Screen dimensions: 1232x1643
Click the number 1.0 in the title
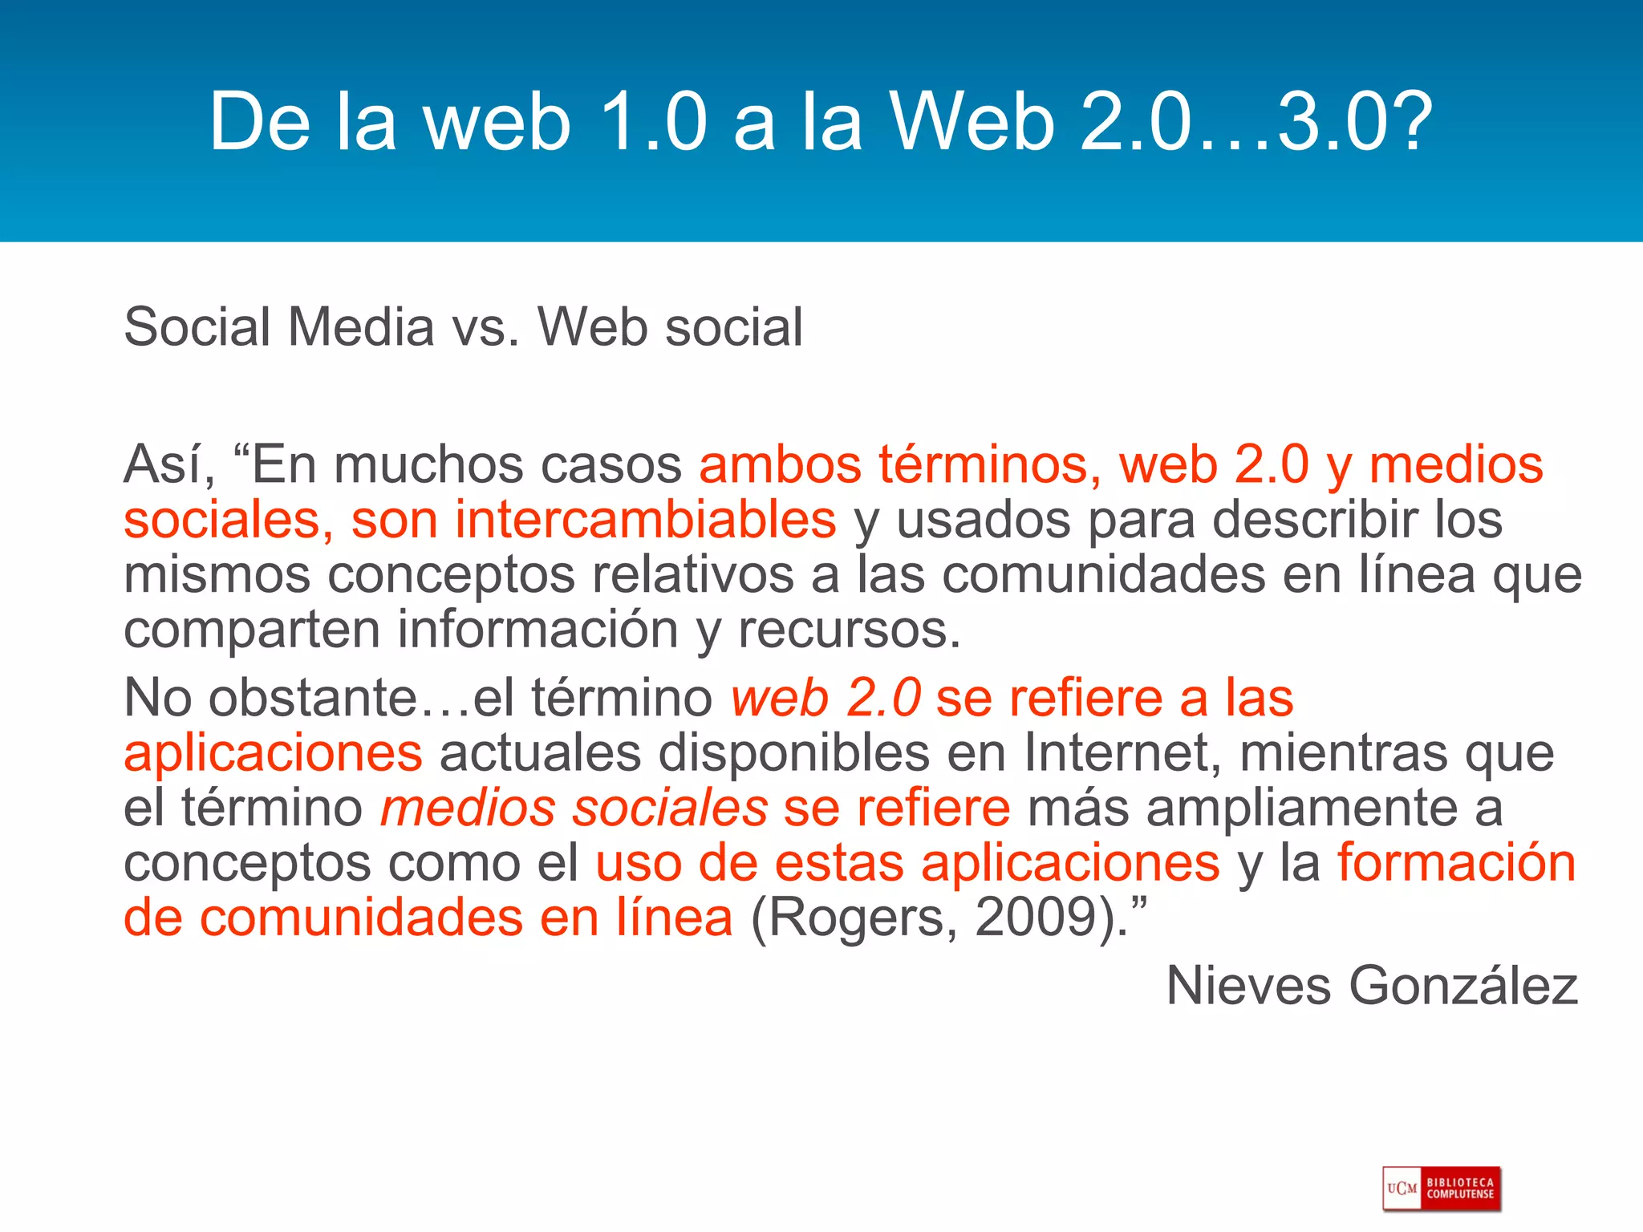point(653,122)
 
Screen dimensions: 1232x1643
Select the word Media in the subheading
point(361,327)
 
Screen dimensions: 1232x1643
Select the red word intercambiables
point(646,520)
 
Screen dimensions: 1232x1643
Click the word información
point(538,630)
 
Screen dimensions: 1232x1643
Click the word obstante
point(313,698)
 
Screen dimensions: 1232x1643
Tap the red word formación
point(1456,863)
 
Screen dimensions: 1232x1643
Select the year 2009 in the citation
point(1035,918)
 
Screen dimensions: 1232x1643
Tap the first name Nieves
point(1248,986)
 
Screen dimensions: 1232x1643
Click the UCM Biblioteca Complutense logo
point(1441,1188)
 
